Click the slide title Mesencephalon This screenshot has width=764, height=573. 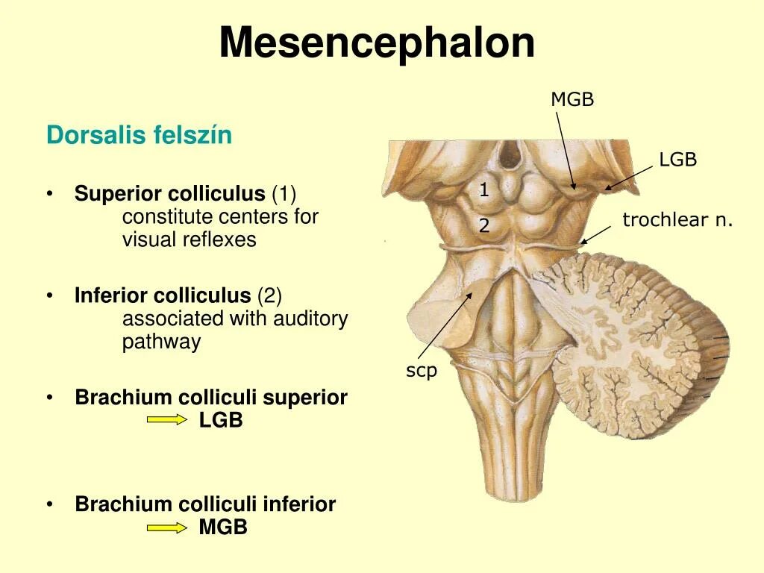pyautogui.click(x=377, y=43)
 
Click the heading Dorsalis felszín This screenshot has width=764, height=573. pyautogui.click(x=139, y=136)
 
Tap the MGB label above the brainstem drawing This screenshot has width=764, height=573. pyautogui.click(x=572, y=100)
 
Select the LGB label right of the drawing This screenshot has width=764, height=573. pyautogui.click(x=677, y=160)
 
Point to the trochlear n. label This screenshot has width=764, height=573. pyautogui.click(x=677, y=220)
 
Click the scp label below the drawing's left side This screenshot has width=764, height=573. pyautogui.click(x=421, y=371)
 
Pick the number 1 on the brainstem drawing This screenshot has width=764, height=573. pyautogui.click(x=483, y=190)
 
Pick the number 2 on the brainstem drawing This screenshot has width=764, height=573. pyautogui.click(x=483, y=225)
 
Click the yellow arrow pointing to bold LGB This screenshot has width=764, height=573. pyautogui.click(x=167, y=420)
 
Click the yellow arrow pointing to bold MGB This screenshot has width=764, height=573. pyautogui.click(x=167, y=527)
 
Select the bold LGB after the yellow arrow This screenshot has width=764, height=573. pyautogui.click(x=221, y=420)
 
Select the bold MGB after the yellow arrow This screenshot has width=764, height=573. pyautogui.click(x=223, y=527)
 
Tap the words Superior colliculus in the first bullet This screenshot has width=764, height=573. pyautogui.click(x=169, y=195)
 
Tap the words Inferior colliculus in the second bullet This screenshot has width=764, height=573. pyautogui.click(x=163, y=296)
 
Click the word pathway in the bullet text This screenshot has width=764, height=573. pyautogui.click(x=161, y=342)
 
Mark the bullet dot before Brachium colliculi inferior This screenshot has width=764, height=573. pyautogui.click(x=49, y=504)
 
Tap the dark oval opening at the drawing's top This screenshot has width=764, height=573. pyautogui.click(x=510, y=155)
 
